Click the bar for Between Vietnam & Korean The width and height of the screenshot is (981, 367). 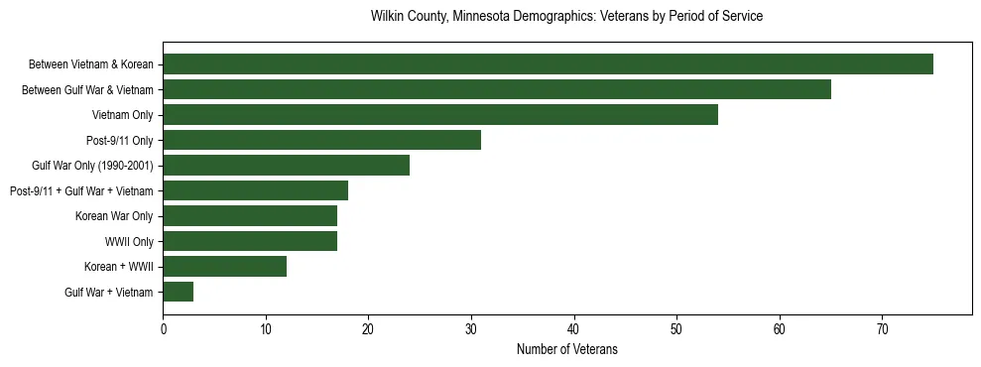548,64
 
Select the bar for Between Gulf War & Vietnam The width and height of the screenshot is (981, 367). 496,90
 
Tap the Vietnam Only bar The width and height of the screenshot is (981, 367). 440,115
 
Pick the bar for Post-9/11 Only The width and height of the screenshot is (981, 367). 321,140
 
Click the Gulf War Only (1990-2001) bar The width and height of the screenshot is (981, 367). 286,166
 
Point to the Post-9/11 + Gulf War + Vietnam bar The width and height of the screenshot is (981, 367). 255,190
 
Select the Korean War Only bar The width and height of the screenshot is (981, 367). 250,216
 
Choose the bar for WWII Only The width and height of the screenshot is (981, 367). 250,241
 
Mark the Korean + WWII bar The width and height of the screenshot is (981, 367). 224,266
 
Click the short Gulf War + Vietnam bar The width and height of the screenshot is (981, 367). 179,292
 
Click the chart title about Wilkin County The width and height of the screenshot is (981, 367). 566,17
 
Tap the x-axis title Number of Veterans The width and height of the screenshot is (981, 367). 566,349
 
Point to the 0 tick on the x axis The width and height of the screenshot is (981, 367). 163,329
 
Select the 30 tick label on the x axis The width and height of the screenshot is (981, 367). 471,329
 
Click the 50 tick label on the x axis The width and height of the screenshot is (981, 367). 676,329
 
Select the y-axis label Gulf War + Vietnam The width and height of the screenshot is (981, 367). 108,292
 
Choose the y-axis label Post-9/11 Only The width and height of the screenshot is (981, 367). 119,140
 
